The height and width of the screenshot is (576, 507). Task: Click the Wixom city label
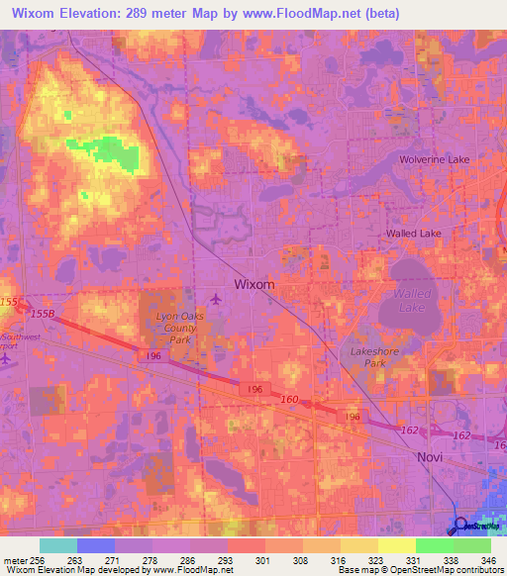(x=254, y=284)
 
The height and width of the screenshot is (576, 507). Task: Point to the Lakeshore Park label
(x=372, y=356)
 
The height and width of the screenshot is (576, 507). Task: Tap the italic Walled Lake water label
(x=412, y=301)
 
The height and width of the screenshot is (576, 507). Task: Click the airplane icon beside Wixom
(x=217, y=299)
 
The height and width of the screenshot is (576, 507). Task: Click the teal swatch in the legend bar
(x=58, y=544)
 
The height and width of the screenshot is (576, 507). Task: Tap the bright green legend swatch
(x=435, y=544)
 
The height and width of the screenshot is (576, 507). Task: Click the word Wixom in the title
(x=35, y=13)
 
